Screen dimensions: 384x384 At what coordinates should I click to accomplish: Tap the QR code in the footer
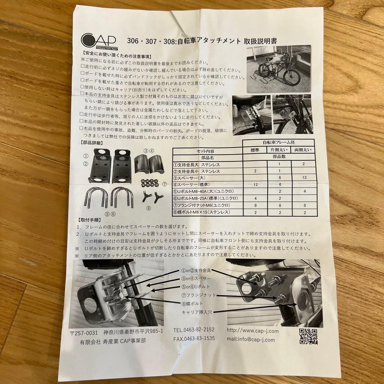(308, 336)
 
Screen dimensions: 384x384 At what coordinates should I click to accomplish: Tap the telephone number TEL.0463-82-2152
(194, 330)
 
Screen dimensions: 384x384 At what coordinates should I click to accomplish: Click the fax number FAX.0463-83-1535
(194, 338)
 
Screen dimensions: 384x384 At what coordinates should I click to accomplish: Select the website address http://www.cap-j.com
(253, 331)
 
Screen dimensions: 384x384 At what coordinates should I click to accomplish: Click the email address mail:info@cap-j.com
(251, 340)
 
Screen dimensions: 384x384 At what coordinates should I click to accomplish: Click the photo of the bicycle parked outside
(279, 68)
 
